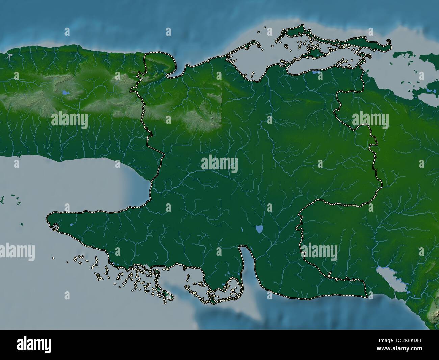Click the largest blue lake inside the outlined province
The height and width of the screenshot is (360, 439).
coord(259,230)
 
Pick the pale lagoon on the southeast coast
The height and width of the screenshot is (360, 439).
coord(388,277)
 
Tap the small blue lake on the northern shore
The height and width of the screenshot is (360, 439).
coord(315,72)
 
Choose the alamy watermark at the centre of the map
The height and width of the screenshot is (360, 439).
coord(219,164)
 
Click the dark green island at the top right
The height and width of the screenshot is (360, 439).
coord(404,55)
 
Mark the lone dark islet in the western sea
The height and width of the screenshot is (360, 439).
coord(22,224)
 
